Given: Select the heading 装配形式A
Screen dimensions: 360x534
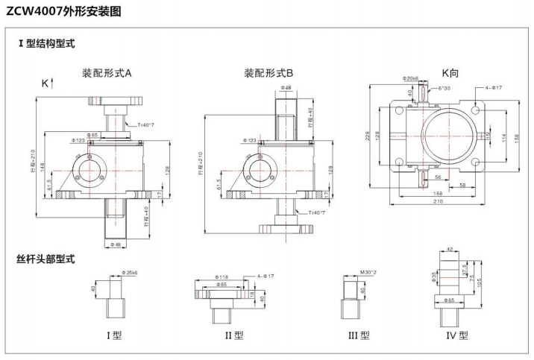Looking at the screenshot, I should (107, 73).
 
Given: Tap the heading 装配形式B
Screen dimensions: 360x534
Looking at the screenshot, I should (268, 73).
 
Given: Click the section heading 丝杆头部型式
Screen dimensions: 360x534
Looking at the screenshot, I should (45, 259).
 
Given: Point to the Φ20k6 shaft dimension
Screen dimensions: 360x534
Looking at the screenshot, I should (410, 78).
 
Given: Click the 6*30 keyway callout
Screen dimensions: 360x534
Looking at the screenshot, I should (444, 88).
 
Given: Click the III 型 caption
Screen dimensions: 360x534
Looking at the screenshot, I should (358, 335).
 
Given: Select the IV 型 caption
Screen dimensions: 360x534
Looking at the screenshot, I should (457, 335).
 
